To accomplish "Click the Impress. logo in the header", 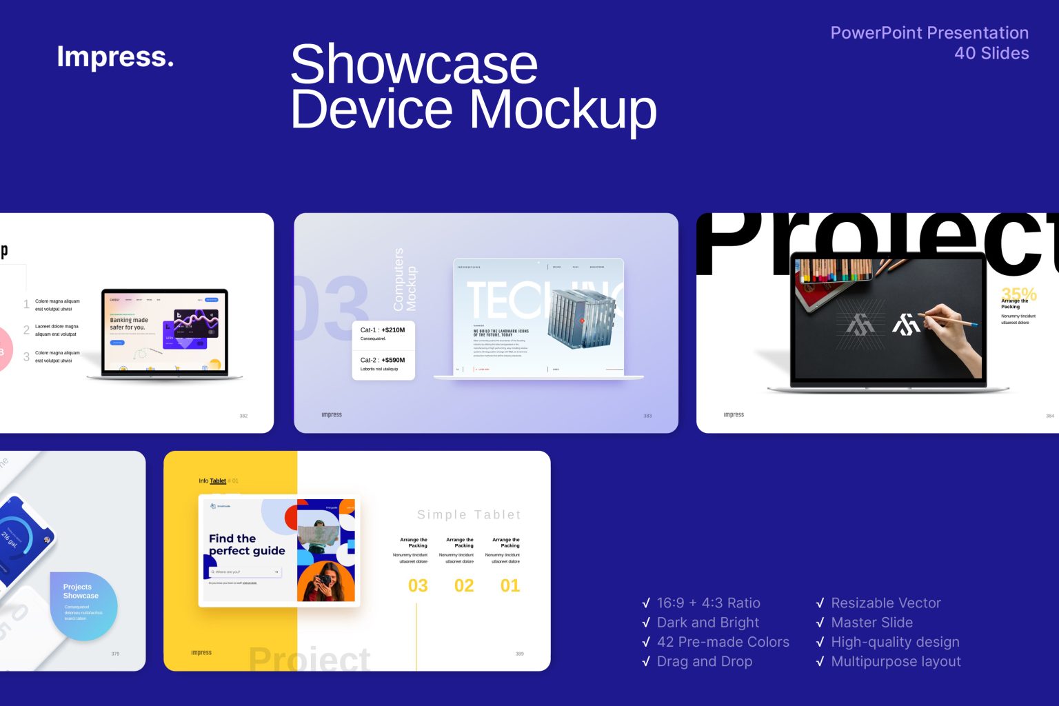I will pos(115,57).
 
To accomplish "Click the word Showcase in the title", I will pos(414,64).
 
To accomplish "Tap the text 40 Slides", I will pos(991,53).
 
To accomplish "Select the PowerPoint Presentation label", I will pos(929,32).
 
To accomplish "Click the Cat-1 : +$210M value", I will pos(383,330).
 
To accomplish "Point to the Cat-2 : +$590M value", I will pos(383,360).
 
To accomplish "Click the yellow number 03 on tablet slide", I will pos(418,586).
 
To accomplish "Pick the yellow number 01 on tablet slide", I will pos(510,586).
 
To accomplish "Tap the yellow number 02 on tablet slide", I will pos(464,586).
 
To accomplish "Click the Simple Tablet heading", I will pos(469,515).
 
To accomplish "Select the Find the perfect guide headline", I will pos(246,545).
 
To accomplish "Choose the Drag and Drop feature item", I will pos(704,661).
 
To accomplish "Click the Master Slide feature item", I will pos(871,623).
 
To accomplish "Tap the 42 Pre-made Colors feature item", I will pos(723,642).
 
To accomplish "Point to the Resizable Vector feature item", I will pos(885,603).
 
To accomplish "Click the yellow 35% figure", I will pos(1018,294).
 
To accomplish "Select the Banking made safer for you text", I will pos(129,324).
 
